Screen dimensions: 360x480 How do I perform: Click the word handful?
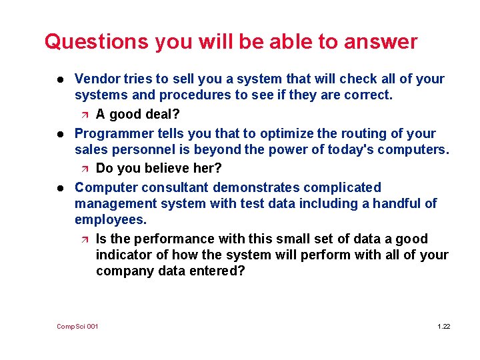coord(397,203)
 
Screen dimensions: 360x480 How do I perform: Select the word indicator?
coord(123,255)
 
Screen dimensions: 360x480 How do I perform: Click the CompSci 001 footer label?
coord(77,326)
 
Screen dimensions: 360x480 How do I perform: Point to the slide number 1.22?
coord(443,326)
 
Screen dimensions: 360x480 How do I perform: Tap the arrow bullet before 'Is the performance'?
coord(83,239)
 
